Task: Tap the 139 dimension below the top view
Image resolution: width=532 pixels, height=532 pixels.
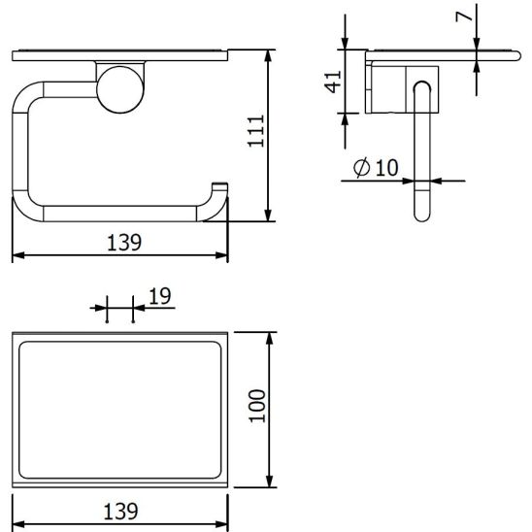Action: pyautogui.click(x=122, y=509)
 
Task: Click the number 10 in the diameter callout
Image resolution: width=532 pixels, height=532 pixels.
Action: pyautogui.click(x=385, y=167)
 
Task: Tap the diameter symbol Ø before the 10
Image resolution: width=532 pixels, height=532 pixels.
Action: pyautogui.click(x=360, y=168)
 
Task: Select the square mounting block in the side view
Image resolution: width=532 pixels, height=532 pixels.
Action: pyautogui.click(x=402, y=88)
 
